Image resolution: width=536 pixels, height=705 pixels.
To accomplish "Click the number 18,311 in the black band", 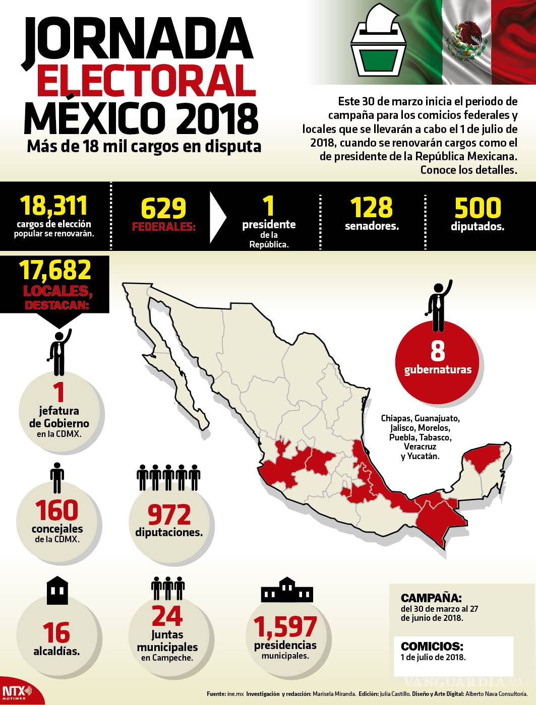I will pyautogui.click(x=54, y=206).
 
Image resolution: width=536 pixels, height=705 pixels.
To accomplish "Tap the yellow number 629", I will pyautogui.click(x=163, y=208).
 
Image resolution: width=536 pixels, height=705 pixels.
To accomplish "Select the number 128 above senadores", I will pyautogui.click(x=372, y=207).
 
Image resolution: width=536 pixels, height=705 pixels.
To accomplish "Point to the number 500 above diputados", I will pyautogui.click(x=478, y=207).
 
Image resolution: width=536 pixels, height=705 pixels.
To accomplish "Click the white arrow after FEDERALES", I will pyautogui.click(x=218, y=217).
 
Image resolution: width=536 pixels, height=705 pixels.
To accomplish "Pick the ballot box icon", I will pyautogui.click(x=379, y=43).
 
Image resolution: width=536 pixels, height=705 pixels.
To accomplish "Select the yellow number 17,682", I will pyautogui.click(x=55, y=270).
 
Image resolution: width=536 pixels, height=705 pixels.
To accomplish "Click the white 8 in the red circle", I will pyautogui.click(x=437, y=351).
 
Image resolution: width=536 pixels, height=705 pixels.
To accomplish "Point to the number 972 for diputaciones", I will pyautogui.click(x=169, y=515).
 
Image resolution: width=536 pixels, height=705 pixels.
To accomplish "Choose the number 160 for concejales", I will pyautogui.click(x=57, y=510).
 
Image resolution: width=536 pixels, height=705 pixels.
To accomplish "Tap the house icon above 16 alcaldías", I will pyautogui.click(x=57, y=591).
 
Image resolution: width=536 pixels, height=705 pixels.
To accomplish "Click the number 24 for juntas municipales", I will pyautogui.click(x=167, y=615).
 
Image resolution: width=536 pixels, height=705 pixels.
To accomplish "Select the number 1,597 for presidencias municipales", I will pyautogui.click(x=285, y=627).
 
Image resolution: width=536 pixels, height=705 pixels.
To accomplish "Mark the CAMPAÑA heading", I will pyautogui.click(x=431, y=598).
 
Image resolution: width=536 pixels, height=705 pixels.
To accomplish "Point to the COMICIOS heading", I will pyautogui.click(x=432, y=646).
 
